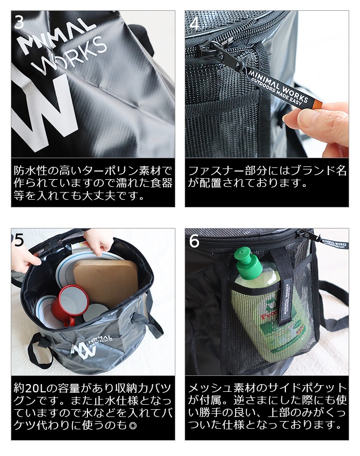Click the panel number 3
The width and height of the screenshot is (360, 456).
19,22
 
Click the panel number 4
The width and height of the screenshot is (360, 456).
194,24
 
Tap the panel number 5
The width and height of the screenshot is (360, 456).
19,240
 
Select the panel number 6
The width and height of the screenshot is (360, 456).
194,241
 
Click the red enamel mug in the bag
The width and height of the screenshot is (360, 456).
67,304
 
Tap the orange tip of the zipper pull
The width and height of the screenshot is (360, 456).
318,104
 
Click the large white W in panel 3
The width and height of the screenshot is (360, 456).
45,113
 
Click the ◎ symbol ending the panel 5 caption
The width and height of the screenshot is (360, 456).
133,426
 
